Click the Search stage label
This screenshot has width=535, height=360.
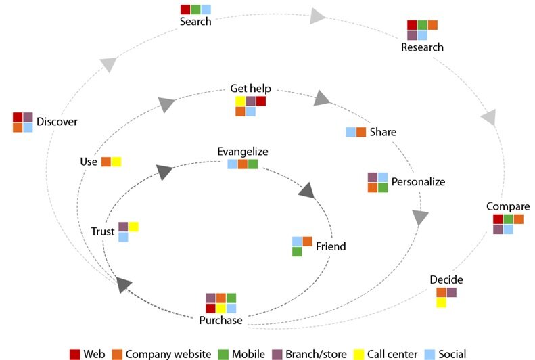click(195, 22)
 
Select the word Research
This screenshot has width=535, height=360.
click(422, 47)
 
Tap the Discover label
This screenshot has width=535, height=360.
click(57, 122)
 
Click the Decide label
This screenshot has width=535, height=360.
click(446, 279)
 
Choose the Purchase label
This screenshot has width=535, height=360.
click(220, 320)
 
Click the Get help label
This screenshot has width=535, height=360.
click(250, 89)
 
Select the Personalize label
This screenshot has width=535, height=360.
click(418, 181)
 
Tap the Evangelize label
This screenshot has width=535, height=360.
click(242, 152)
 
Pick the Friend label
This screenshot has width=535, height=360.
click(331, 246)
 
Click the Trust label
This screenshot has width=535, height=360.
click(103, 231)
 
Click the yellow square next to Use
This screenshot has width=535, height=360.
click(116, 162)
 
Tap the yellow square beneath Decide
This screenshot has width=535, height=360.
click(441, 303)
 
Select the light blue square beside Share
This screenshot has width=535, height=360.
click(351, 132)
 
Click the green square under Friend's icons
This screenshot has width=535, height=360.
click(297, 252)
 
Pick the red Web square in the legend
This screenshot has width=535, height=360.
click(75, 354)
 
